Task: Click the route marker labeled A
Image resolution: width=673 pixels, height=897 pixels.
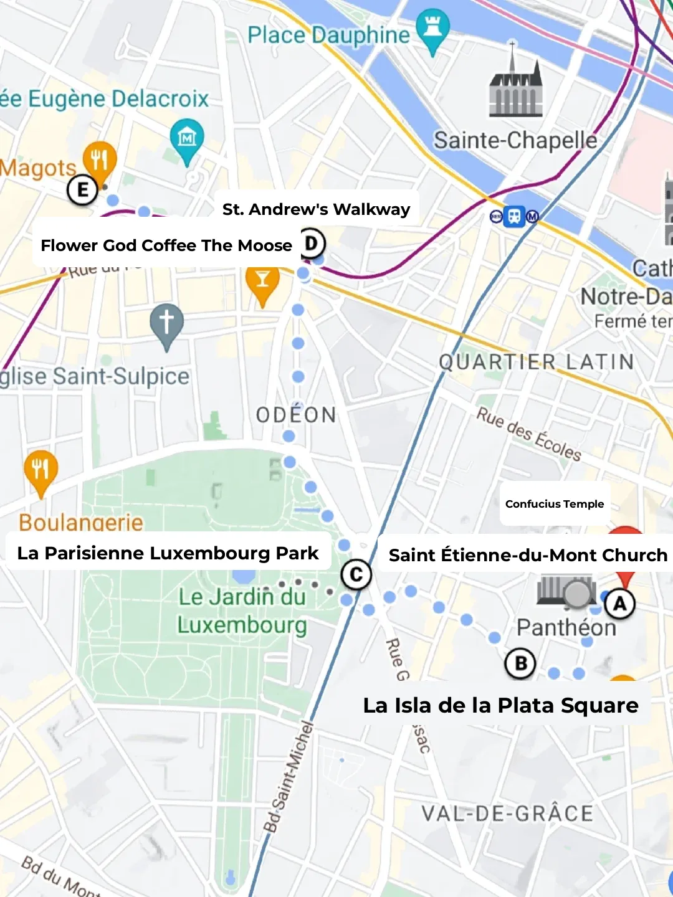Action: (x=619, y=604)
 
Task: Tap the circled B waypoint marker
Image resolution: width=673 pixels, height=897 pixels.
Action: (x=520, y=664)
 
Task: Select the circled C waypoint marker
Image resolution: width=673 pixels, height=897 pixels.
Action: (x=356, y=574)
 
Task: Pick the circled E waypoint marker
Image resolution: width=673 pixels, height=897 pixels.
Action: (x=83, y=189)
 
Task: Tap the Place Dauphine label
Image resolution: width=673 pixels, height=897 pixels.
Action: (x=328, y=36)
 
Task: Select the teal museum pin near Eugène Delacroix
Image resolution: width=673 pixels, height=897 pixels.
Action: (x=187, y=139)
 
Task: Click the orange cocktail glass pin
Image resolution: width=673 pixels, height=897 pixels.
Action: (x=262, y=283)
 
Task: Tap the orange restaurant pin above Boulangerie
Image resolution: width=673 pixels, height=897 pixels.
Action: (x=41, y=471)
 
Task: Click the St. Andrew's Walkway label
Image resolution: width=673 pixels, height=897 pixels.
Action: (x=317, y=209)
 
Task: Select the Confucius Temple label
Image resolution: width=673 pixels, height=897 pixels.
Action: (x=555, y=504)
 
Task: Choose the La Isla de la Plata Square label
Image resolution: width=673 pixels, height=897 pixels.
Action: (x=500, y=705)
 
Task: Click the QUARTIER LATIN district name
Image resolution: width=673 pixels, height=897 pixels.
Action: (x=536, y=362)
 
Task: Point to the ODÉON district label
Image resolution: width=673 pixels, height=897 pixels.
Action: (x=296, y=415)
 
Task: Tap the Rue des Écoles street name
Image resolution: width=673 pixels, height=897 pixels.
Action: (x=529, y=434)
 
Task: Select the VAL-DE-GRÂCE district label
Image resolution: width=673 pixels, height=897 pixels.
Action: (x=507, y=814)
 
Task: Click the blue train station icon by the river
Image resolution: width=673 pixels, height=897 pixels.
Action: (x=514, y=217)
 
